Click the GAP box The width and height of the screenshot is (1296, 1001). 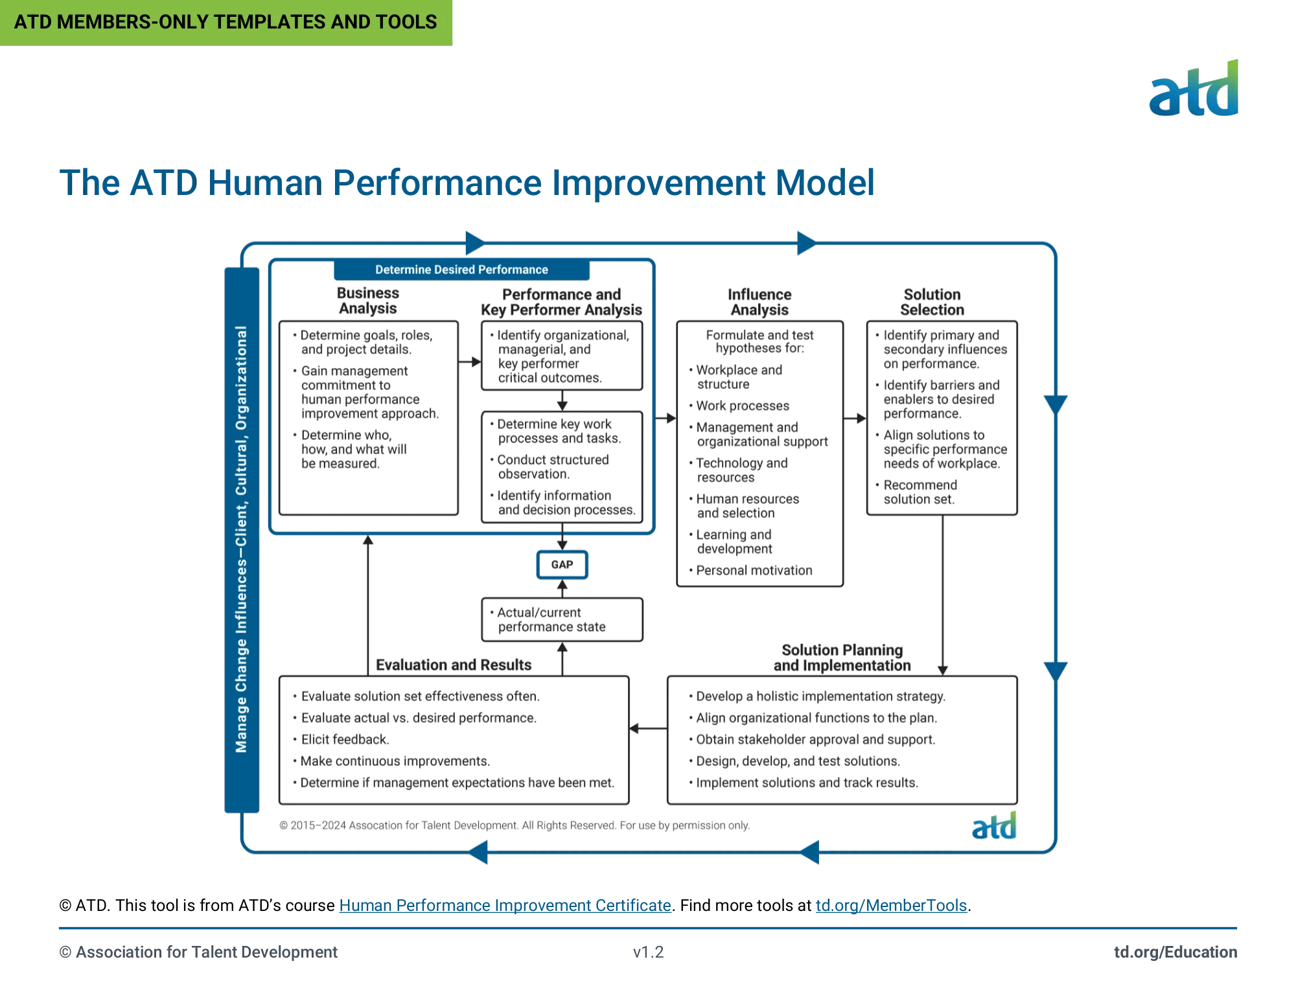pyautogui.click(x=562, y=564)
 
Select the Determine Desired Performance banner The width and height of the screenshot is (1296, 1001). pyautogui.click(x=461, y=270)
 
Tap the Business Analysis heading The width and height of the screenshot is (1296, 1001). pyautogui.click(x=367, y=301)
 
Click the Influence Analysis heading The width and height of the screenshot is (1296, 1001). pyautogui.click(x=759, y=302)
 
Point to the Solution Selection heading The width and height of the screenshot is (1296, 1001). pyautogui.click(x=932, y=302)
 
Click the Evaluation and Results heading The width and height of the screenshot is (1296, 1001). pyautogui.click(x=453, y=665)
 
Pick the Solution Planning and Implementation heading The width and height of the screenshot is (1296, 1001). pyautogui.click(x=842, y=658)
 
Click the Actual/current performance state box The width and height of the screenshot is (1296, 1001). pyautogui.click(x=562, y=619)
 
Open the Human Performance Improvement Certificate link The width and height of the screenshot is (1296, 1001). pyautogui.click(x=505, y=905)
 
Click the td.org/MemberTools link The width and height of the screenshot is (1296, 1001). pyautogui.click(x=891, y=905)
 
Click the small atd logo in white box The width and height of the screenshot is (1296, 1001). pyautogui.click(x=994, y=827)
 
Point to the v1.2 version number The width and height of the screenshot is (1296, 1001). pyautogui.click(x=648, y=952)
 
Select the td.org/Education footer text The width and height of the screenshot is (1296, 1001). pyautogui.click(x=1175, y=952)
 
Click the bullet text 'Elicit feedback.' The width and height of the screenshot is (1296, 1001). pyautogui.click(x=345, y=739)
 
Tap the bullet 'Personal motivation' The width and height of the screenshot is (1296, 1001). pyautogui.click(x=754, y=570)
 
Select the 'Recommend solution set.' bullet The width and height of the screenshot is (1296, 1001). pyautogui.click(x=920, y=492)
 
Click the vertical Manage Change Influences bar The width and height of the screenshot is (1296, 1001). pyautogui.click(x=241, y=539)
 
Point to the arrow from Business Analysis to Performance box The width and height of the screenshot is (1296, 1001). pyautogui.click(x=470, y=362)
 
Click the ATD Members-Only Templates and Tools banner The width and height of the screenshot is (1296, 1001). pyautogui.click(x=226, y=22)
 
